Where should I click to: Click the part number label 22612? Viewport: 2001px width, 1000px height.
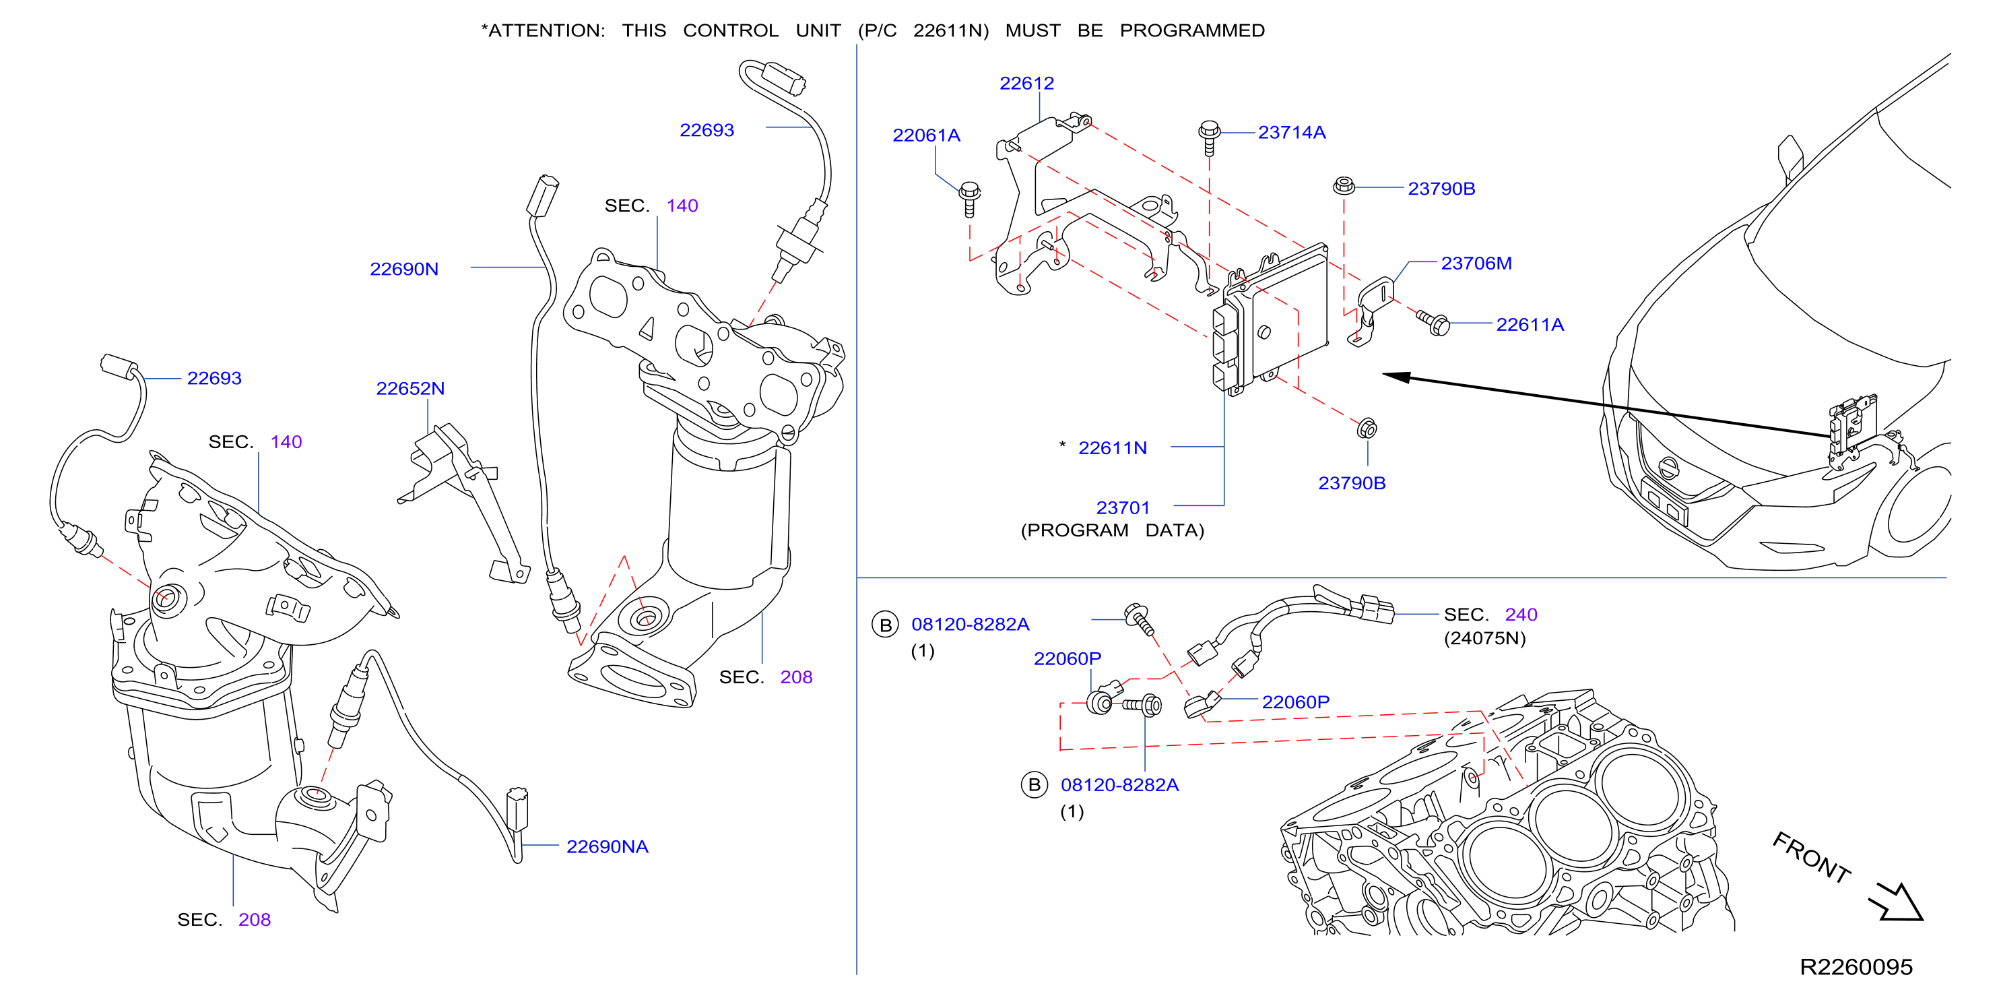click(x=1026, y=83)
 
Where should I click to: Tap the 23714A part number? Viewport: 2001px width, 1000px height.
click(x=1291, y=133)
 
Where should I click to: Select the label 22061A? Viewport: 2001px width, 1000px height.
click(x=926, y=135)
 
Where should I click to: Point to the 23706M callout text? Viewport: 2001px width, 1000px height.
click(x=1476, y=263)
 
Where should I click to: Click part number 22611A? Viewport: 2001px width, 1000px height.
click(x=1530, y=325)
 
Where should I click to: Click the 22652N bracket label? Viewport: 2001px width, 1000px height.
click(x=410, y=389)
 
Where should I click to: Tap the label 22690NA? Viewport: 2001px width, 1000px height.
click(x=607, y=846)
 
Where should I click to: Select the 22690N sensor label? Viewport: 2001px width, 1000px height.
click(x=404, y=269)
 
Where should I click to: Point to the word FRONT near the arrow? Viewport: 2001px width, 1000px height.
click(x=1812, y=858)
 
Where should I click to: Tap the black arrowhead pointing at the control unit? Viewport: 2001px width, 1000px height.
click(x=1397, y=377)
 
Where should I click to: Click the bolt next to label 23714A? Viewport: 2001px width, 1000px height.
click(x=1209, y=137)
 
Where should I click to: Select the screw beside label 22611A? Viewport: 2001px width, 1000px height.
click(x=1433, y=323)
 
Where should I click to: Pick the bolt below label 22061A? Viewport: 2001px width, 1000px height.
click(x=969, y=199)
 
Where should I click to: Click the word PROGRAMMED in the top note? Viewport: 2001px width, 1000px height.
click(x=1191, y=31)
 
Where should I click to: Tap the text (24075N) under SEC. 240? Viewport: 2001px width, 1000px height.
click(x=1484, y=639)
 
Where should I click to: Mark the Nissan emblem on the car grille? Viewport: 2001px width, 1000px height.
click(x=1668, y=468)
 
